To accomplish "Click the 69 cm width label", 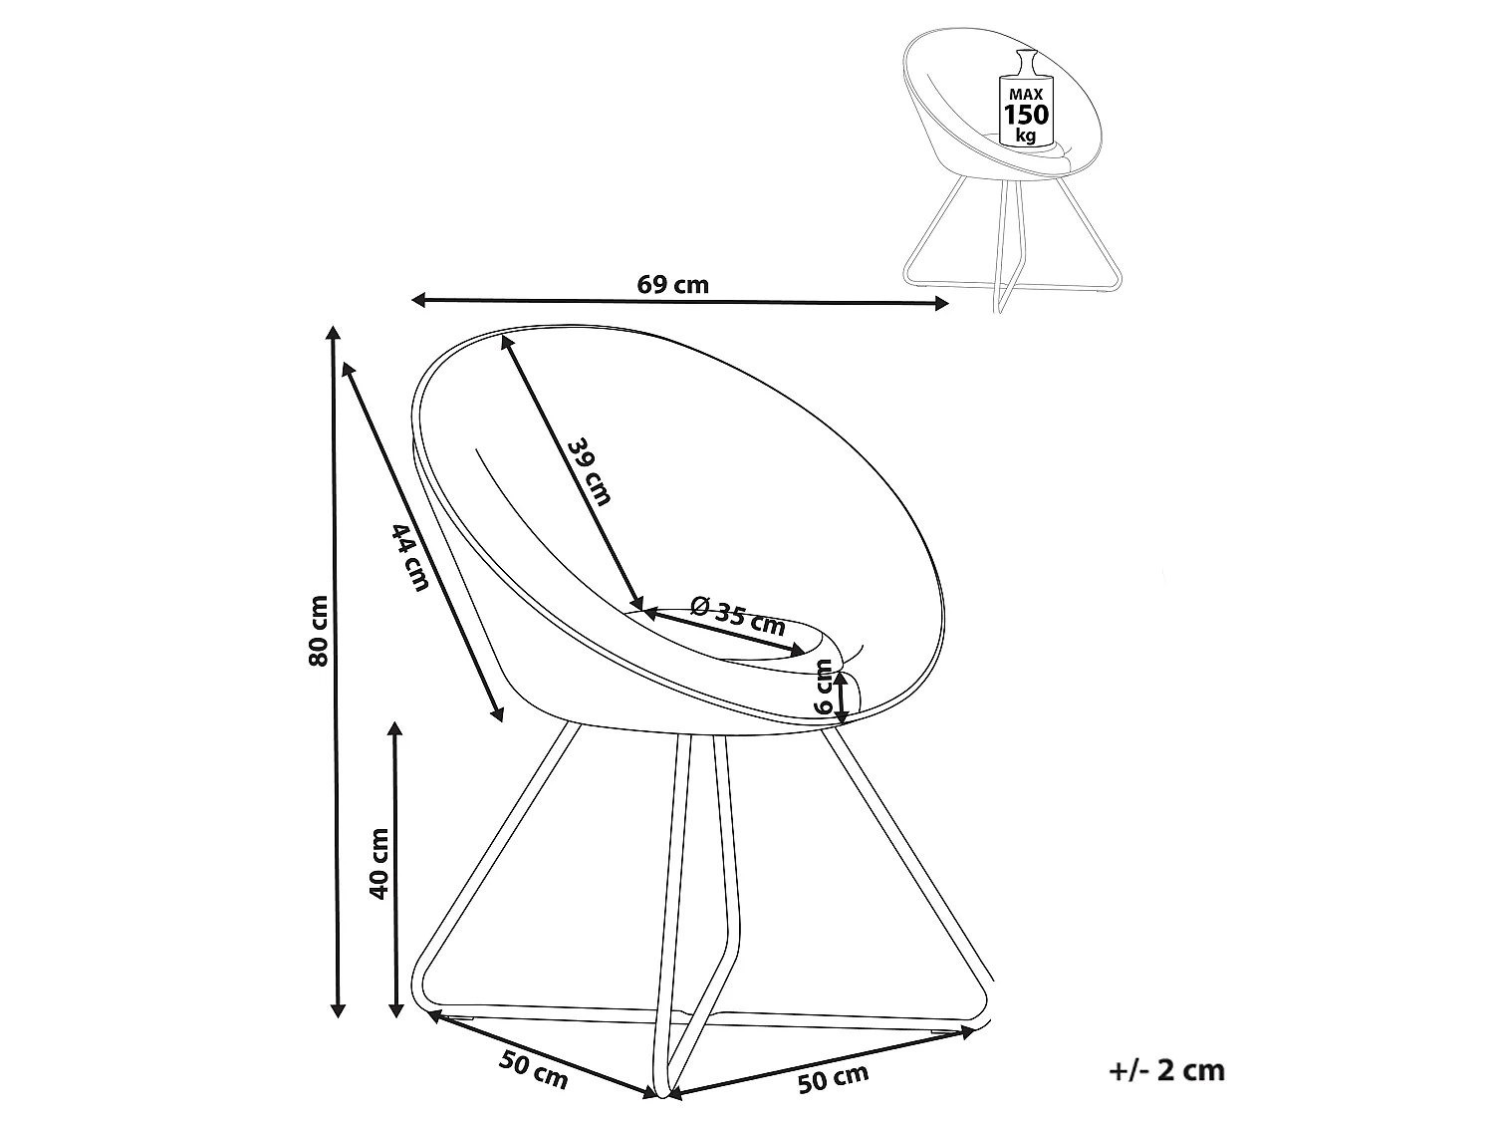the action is tap(672, 285).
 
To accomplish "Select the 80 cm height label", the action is tap(319, 631).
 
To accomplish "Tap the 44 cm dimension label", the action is tap(409, 556).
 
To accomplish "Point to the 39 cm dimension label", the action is tap(590, 471).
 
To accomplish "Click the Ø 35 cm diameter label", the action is tap(737, 614).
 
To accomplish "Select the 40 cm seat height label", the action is tap(378, 863).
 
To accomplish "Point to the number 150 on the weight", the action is tap(1027, 114).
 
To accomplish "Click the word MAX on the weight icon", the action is tap(1026, 95).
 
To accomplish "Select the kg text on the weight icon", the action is tap(1026, 135).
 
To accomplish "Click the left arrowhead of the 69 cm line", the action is tap(418, 300).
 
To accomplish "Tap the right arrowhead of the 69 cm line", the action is tap(942, 304).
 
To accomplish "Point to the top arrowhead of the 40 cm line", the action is tap(394, 729).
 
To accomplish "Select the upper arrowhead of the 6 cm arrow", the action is tap(842, 679).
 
